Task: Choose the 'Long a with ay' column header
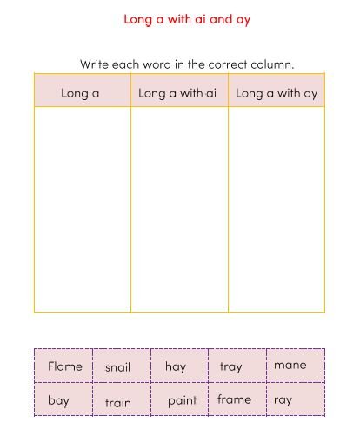pos(277,93)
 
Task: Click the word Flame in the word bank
pos(65,366)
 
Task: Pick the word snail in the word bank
pos(117,367)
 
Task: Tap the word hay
pos(176,366)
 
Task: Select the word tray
pos(230,366)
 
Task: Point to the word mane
pos(290,365)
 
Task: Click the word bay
pos(58,401)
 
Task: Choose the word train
pos(118,402)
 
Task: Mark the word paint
pos(182,400)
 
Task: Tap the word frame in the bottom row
pos(234,399)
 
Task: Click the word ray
pos(283,400)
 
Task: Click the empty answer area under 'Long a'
pos(83,209)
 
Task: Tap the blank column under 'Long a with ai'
pos(179,209)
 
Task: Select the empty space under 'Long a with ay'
pos(277,209)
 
